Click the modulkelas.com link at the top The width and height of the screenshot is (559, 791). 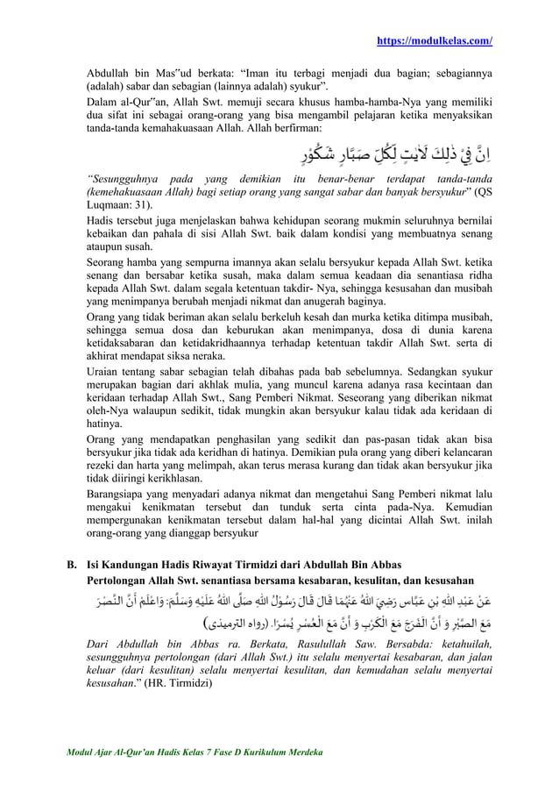tap(434, 41)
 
